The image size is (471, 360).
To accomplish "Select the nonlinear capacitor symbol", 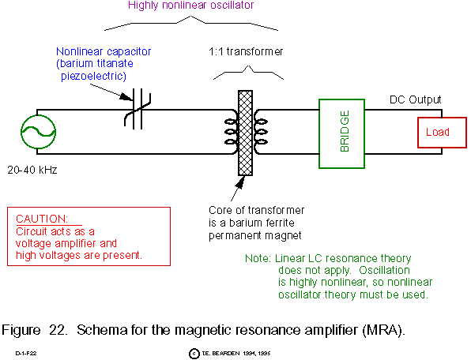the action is coord(138,109).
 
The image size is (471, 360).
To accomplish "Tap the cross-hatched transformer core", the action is coord(246,133).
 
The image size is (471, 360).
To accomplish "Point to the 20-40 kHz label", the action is coord(32,170).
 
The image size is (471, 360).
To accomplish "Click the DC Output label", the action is coord(416,99).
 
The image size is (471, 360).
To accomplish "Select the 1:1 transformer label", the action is coord(246,51).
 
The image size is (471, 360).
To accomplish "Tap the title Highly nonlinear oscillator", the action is coord(190,5).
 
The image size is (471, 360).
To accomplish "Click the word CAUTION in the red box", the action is coord(42,219).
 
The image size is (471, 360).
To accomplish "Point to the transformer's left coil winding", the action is coord(231,132).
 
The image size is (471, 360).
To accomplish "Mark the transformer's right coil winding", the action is coord(261,132).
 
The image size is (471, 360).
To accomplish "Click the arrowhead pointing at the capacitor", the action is coord(126,96).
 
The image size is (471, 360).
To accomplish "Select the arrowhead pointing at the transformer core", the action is coord(239,182).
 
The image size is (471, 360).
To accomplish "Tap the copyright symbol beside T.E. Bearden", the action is coord(194,354).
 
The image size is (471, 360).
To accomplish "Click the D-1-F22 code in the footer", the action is coord(26,354).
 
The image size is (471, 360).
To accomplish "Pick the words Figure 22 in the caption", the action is coord(34,330).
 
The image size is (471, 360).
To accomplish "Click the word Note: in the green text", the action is coord(258,258).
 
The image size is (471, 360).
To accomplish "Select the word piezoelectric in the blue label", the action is coord(93,76).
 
